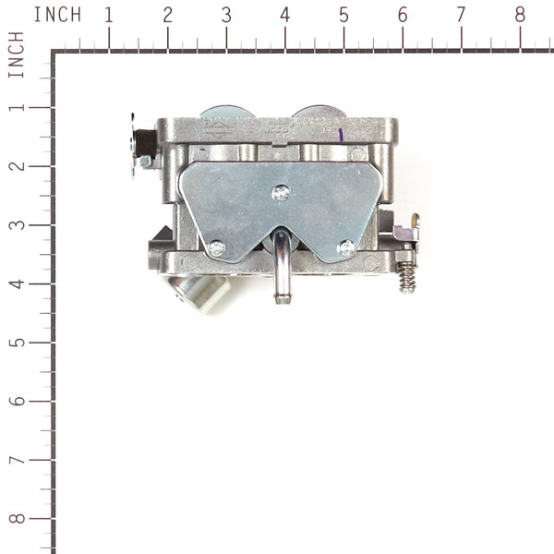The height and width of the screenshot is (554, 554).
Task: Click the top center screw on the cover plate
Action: (x=282, y=192)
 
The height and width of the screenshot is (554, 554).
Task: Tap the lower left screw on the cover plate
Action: (x=216, y=247)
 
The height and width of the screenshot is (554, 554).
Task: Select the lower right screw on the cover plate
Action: (x=346, y=247)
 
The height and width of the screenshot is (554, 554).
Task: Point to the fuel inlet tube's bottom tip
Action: (x=282, y=297)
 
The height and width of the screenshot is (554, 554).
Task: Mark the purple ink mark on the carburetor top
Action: (x=341, y=134)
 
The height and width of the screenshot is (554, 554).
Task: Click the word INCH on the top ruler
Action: (x=57, y=15)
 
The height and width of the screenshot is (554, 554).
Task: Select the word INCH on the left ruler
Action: (x=16, y=54)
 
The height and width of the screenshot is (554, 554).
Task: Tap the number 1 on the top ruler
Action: (x=109, y=15)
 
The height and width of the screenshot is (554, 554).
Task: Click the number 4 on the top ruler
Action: (x=284, y=15)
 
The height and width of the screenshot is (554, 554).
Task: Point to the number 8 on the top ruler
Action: (x=520, y=15)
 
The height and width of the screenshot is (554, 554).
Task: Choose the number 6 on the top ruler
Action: (x=403, y=15)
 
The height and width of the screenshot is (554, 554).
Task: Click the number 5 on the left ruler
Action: (x=16, y=343)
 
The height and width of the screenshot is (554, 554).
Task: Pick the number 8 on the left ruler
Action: (x=16, y=519)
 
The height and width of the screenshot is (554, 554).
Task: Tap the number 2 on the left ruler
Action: (x=16, y=166)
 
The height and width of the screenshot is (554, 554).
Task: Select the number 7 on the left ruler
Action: (x=16, y=460)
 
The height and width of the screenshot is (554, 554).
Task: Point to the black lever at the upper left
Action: (x=143, y=143)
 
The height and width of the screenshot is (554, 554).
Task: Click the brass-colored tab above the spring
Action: (x=415, y=221)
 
